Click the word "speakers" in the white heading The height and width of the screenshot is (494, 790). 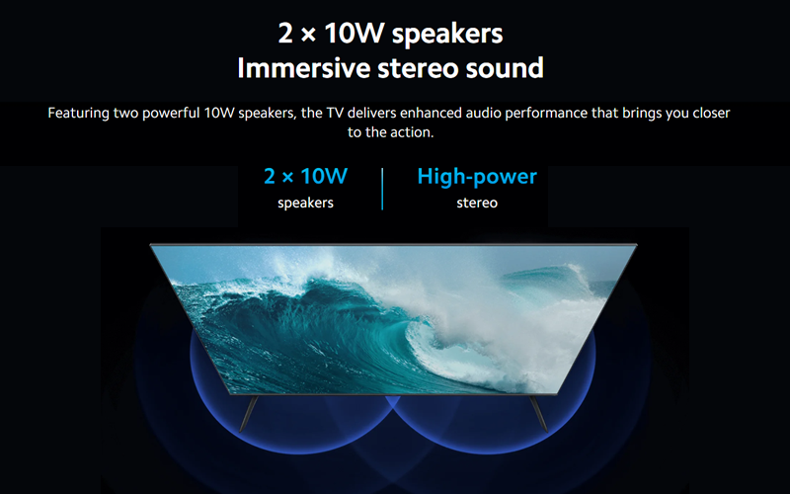[447, 35]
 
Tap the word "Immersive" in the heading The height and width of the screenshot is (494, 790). [304, 68]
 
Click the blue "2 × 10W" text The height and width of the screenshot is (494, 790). [305, 177]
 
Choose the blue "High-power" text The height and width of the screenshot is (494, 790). [477, 177]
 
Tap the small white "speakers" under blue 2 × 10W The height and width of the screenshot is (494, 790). [305, 203]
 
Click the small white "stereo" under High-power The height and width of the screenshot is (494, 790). [477, 203]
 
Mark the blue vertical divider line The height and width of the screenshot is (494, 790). [382, 189]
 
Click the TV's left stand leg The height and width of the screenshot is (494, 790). [249, 413]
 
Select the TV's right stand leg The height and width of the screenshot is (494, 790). [538, 413]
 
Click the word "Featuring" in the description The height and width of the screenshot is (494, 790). [79, 113]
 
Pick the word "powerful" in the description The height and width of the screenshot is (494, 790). [171, 113]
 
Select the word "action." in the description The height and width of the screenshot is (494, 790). [412, 132]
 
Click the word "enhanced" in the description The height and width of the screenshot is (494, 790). [431, 113]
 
